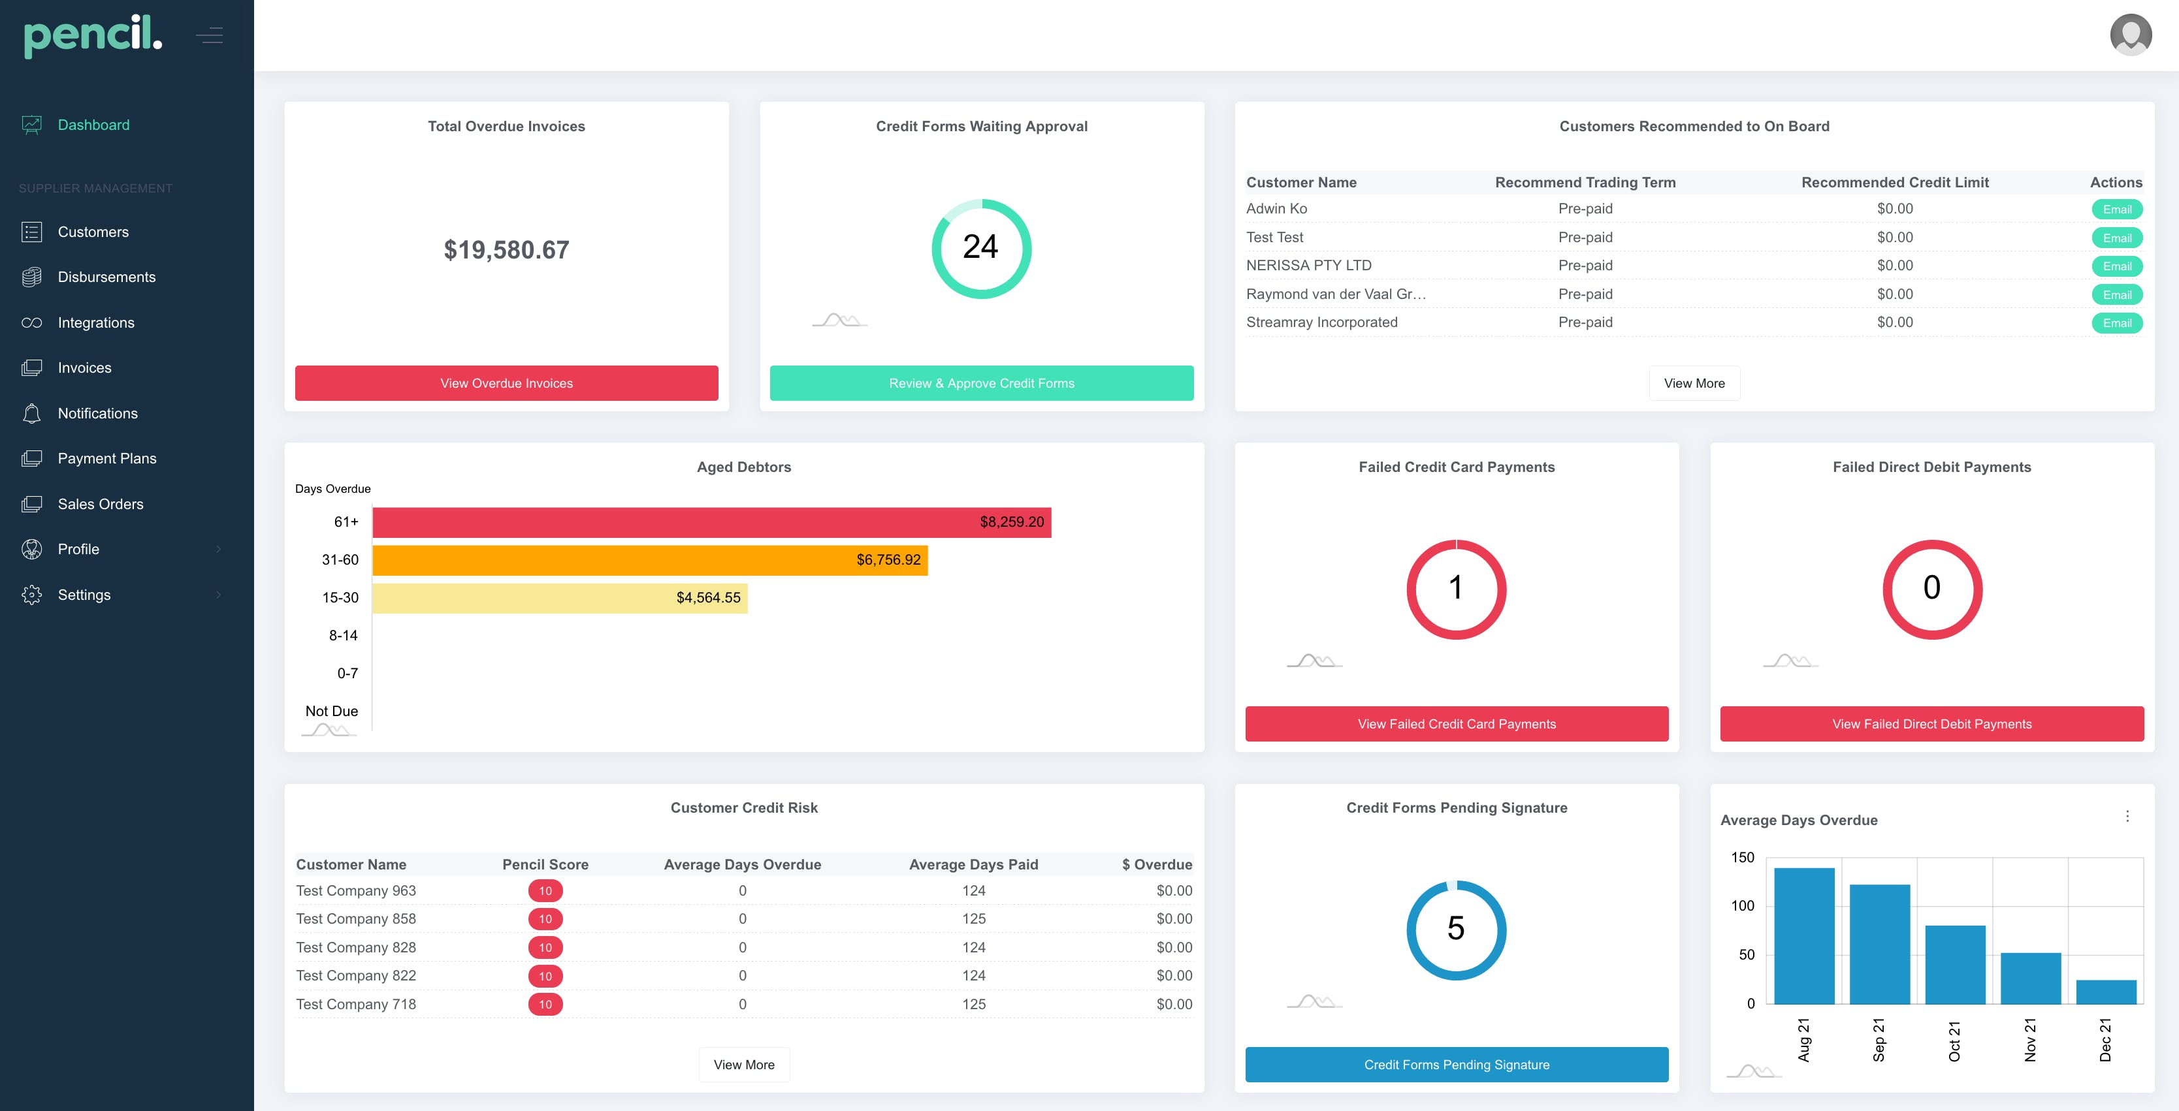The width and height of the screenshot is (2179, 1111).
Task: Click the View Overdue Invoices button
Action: pos(506,383)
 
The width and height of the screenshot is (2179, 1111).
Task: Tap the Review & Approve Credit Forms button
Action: pos(981,383)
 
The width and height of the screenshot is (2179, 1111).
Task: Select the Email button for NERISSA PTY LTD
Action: pos(2116,266)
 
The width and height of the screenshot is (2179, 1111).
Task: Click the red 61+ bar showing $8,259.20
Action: pos(711,522)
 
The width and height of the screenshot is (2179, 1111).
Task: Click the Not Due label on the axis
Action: pos(332,711)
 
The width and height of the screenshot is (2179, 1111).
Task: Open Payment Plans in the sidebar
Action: pos(106,458)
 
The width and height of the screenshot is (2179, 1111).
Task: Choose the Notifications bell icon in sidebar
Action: pos(32,413)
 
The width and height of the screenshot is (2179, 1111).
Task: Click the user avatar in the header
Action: pos(2131,35)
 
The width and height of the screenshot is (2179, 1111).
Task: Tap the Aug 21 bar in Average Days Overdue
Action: pos(1803,935)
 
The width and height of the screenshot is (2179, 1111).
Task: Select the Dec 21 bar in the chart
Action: pos(2105,992)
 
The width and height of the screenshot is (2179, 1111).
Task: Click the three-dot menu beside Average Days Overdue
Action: pos(2127,816)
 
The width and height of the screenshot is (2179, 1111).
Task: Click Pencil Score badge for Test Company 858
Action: pos(545,919)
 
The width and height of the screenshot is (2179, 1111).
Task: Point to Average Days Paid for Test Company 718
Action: pos(974,1005)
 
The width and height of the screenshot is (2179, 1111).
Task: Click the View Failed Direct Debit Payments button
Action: pos(1931,724)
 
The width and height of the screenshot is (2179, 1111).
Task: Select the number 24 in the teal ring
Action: pos(980,247)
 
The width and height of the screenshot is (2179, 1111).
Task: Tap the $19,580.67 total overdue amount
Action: pos(506,250)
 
